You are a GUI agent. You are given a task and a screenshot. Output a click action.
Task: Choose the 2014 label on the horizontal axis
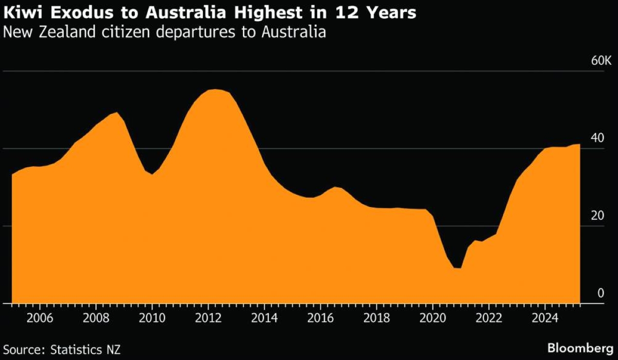pos(264,317)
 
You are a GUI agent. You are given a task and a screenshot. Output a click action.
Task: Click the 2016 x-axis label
pos(320,317)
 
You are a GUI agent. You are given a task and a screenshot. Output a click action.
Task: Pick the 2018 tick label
pos(376,317)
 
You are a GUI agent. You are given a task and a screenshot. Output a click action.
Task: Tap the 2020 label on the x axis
pos(433,317)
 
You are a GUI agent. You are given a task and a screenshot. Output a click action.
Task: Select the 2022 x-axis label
pos(489,317)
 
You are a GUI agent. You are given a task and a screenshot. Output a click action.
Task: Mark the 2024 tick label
pos(545,317)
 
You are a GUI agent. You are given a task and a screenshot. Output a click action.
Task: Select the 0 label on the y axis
pos(600,293)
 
